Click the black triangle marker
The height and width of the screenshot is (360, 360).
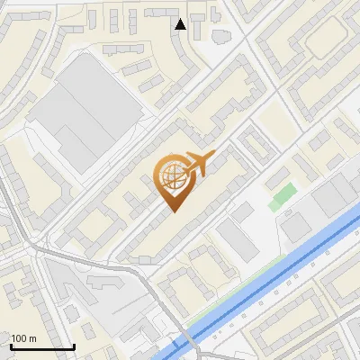coord(180,24)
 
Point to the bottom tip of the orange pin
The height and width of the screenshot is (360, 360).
coord(172,212)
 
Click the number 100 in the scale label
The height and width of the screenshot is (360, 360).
coord(20,338)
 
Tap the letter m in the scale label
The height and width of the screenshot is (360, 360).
coord(33,338)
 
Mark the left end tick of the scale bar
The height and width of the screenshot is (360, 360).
coord(10,346)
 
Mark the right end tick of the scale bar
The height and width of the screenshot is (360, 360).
coord(74,346)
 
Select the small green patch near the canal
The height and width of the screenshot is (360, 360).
coord(282,196)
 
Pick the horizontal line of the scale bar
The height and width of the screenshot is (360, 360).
coord(41,347)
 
